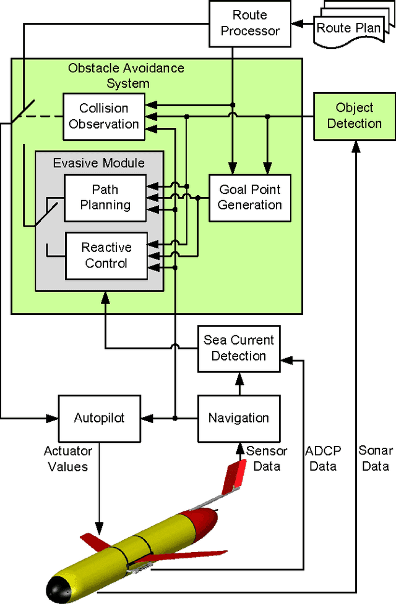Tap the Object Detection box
(x=354, y=115)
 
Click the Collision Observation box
(x=104, y=115)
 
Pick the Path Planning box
(x=105, y=197)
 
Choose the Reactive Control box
(x=106, y=255)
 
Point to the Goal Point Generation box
(x=249, y=197)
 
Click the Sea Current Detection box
(x=238, y=348)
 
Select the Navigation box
(x=238, y=418)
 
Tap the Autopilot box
(x=99, y=418)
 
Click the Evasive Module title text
(x=99, y=163)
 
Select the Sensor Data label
(x=267, y=458)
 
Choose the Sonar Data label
(x=374, y=458)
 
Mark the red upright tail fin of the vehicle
(x=235, y=478)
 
